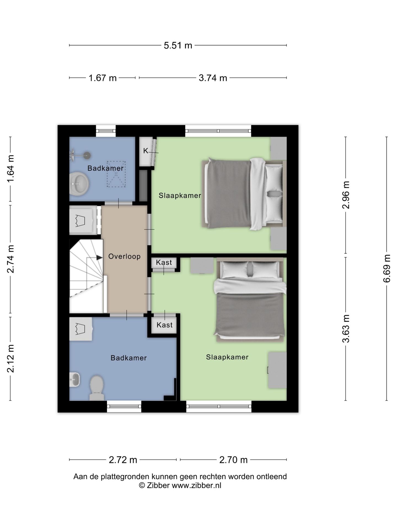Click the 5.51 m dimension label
click(x=178, y=45)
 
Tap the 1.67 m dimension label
click(x=103, y=78)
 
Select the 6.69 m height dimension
click(x=387, y=268)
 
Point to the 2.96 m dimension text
click(x=346, y=195)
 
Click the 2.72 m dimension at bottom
click(x=123, y=460)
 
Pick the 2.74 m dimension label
click(x=10, y=259)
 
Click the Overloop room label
click(x=124, y=256)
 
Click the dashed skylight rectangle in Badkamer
click(x=116, y=174)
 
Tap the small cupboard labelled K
click(x=146, y=152)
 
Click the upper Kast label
click(x=164, y=262)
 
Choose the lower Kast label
click(x=165, y=325)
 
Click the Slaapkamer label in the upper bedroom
click(x=180, y=196)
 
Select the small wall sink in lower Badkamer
click(x=74, y=380)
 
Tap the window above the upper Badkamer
click(x=106, y=131)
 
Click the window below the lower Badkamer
click(x=124, y=406)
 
